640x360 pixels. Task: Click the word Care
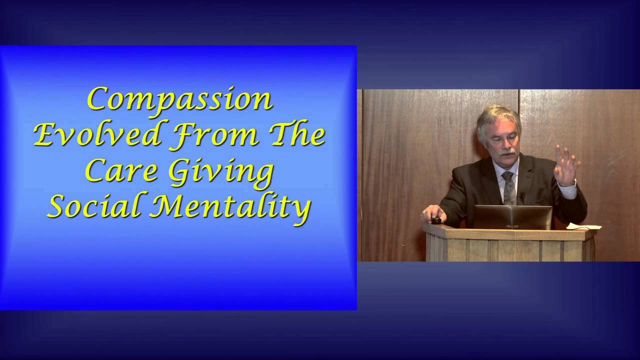tap(120, 170)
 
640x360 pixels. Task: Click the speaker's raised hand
tap(566, 165)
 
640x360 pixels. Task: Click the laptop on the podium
tap(512, 217)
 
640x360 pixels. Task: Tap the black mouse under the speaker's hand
tap(436, 220)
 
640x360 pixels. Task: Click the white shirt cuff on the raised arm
tap(568, 189)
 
